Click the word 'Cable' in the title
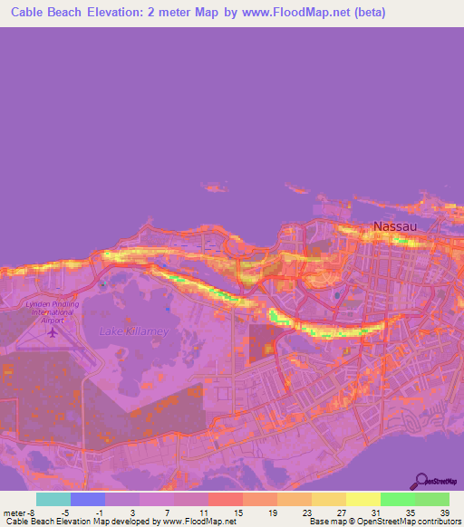coord(30,13)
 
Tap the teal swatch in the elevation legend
coord(53,499)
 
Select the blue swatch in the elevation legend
coord(88,499)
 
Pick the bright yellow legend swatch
coord(363,499)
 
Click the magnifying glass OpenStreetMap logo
coord(421,481)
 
